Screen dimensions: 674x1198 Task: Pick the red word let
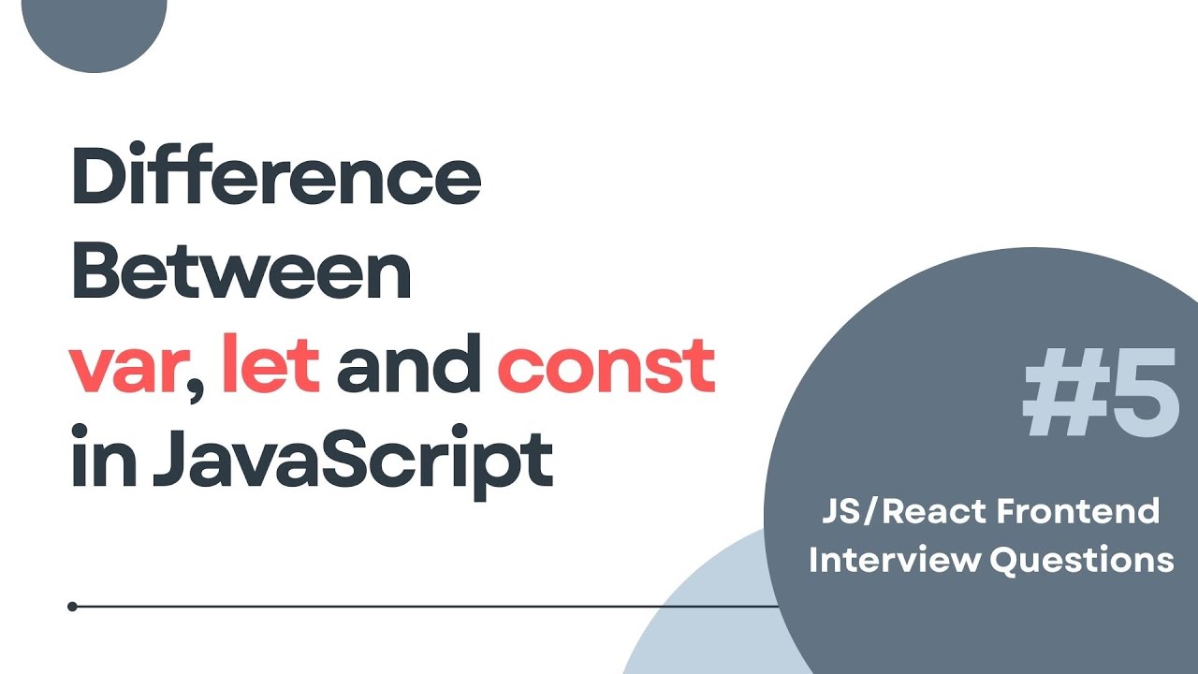click(x=270, y=367)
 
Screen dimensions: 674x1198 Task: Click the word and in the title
click(x=408, y=367)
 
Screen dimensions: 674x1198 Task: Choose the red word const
click(x=606, y=369)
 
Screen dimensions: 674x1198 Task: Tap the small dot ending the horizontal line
click(x=73, y=607)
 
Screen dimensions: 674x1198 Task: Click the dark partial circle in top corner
click(x=94, y=28)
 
